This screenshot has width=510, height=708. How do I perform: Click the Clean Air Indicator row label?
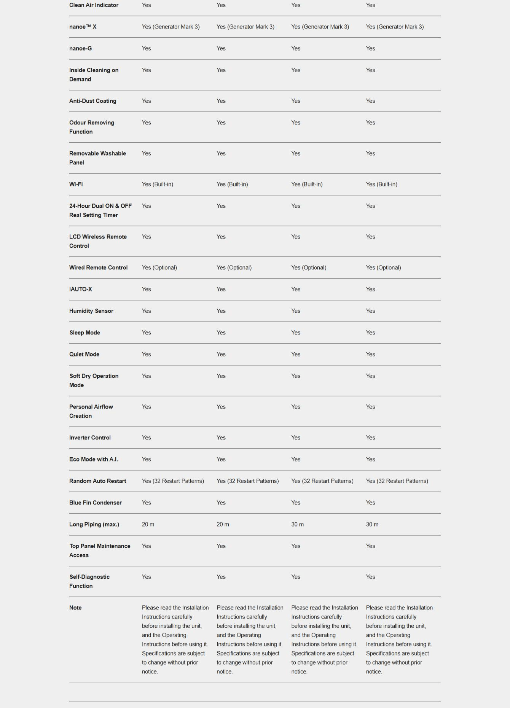[x=94, y=5]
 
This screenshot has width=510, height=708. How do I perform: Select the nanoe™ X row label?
[x=83, y=27]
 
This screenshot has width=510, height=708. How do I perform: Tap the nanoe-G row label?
[x=80, y=48]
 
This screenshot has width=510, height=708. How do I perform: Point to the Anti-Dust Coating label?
[x=92, y=101]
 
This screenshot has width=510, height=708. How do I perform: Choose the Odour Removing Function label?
[x=91, y=127]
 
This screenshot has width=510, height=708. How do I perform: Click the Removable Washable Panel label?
[x=97, y=158]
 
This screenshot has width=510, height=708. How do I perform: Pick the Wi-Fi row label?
[x=76, y=184]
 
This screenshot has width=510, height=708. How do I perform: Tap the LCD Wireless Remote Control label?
[x=98, y=241]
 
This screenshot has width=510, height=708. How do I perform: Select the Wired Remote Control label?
[x=98, y=267]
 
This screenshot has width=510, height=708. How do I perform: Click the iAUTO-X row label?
[x=80, y=289]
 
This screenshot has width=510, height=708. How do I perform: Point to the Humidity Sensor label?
[x=91, y=311]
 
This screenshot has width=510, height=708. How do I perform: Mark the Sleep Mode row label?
[x=84, y=333]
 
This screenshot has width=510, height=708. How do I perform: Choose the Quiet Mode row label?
[x=84, y=354]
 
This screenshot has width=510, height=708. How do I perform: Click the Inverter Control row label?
[x=90, y=438]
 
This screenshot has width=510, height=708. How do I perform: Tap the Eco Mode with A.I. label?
[x=93, y=459]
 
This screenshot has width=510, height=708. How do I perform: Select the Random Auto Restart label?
[x=97, y=481]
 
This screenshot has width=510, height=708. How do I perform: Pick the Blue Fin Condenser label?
[x=95, y=503]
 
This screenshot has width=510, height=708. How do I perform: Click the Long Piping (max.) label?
[x=94, y=524]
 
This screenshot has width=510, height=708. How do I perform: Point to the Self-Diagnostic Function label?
[x=89, y=581]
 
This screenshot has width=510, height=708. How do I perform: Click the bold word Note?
[x=75, y=608]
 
